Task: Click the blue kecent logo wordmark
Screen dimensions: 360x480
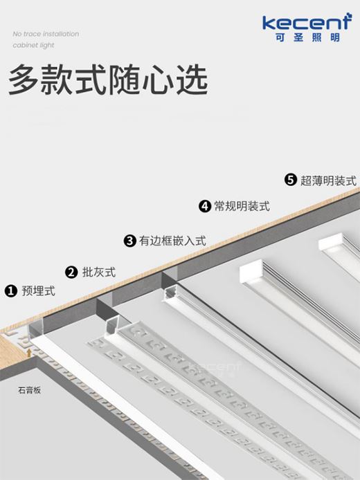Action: (x=307, y=21)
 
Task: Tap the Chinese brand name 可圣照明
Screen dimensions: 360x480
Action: (x=307, y=37)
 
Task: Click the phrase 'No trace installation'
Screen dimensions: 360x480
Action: (x=46, y=34)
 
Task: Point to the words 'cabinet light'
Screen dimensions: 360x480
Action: (x=33, y=45)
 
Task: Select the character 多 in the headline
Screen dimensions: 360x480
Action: (x=24, y=80)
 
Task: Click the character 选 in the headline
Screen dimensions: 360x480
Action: (x=192, y=80)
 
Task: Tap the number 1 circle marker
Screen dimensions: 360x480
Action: (x=11, y=290)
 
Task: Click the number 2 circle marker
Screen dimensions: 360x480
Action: (x=71, y=272)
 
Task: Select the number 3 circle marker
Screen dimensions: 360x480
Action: (x=130, y=241)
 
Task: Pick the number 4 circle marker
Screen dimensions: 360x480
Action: (x=205, y=206)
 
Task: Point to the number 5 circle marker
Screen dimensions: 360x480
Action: (x=291, y=180)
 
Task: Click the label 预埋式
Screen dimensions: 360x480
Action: (x=39, y=290)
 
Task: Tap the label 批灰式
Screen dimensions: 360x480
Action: (x=99, y=272)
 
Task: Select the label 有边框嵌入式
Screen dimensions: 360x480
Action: (x=172, y=241)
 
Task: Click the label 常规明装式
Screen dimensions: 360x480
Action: (x=242, y=206)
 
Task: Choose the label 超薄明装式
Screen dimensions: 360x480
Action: (x=328, y=181)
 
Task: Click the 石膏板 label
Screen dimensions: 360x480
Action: (x=29, y=390)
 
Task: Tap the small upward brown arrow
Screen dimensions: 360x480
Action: (x=29, y=352)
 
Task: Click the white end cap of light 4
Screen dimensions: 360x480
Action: (x=252, y=271)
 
